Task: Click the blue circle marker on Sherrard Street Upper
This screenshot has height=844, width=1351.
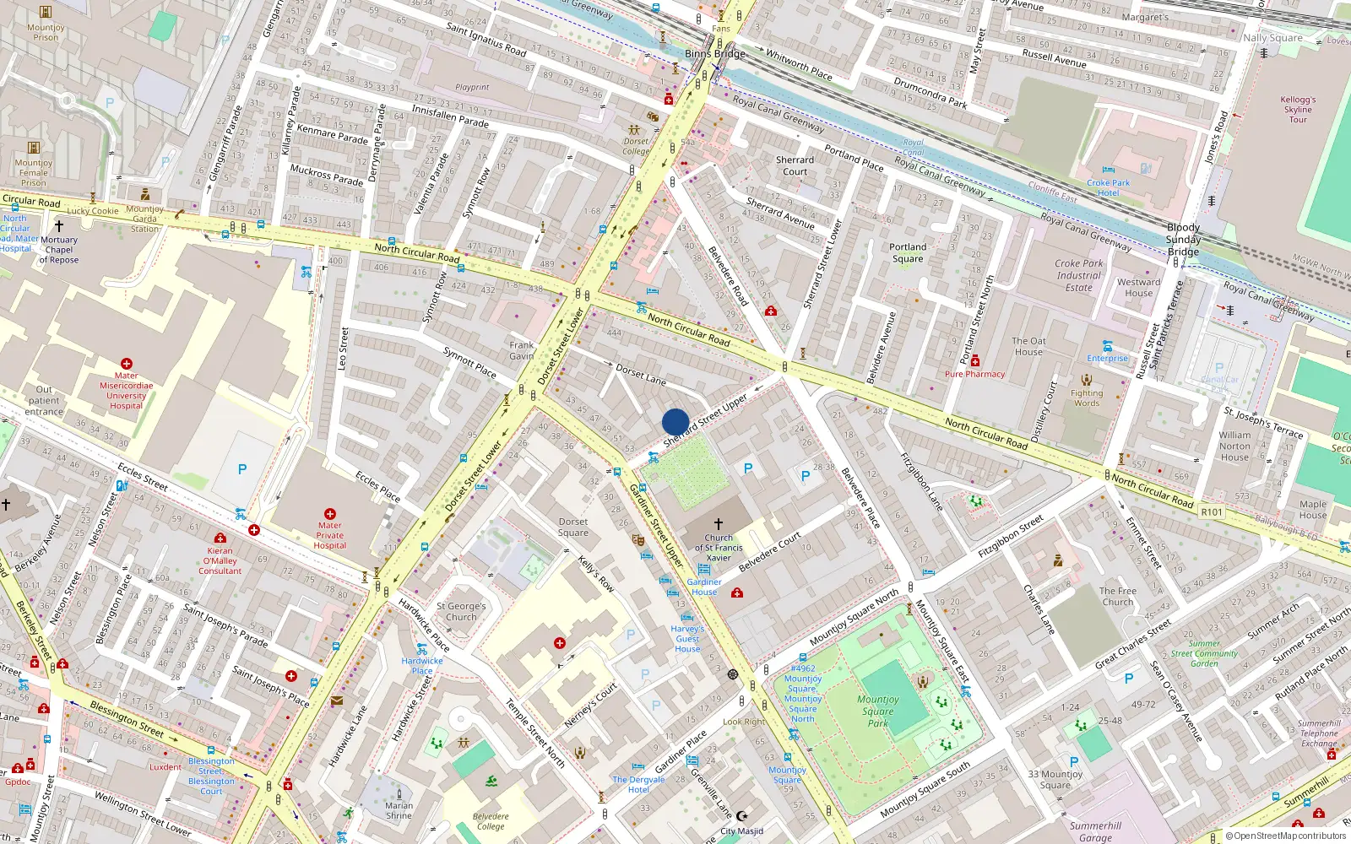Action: (675, 421)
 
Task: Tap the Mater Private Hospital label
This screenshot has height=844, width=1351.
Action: (330, 535)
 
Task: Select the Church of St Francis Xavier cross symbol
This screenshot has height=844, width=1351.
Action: (719, 524)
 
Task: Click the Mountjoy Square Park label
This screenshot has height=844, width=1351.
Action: (878, 711)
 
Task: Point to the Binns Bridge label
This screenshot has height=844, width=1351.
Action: (715, 53)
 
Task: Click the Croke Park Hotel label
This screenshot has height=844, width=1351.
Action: (1109, 187)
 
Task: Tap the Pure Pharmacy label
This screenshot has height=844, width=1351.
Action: (974, 374)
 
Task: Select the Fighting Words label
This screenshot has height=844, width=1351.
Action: (1087, 398)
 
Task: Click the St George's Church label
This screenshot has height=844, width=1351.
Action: (461, 611)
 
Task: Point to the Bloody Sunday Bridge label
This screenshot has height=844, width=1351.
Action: (1183, 240)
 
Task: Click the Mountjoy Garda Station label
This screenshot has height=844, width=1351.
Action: (144, 219)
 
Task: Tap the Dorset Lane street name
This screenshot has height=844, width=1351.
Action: (641, 374)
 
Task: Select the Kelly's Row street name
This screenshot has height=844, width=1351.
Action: (596, 573)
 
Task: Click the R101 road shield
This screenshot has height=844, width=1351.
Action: (1212, 511)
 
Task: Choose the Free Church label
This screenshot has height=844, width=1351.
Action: (1118, 596)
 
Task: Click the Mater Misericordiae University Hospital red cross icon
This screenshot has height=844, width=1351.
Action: (127, 363)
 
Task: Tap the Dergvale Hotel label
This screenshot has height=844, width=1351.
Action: (638, 784)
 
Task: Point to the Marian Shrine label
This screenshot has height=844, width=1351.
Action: (399, 810)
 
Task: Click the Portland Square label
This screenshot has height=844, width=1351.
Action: (908, 252)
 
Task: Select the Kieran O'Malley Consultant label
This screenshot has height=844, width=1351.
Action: (220, 560)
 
